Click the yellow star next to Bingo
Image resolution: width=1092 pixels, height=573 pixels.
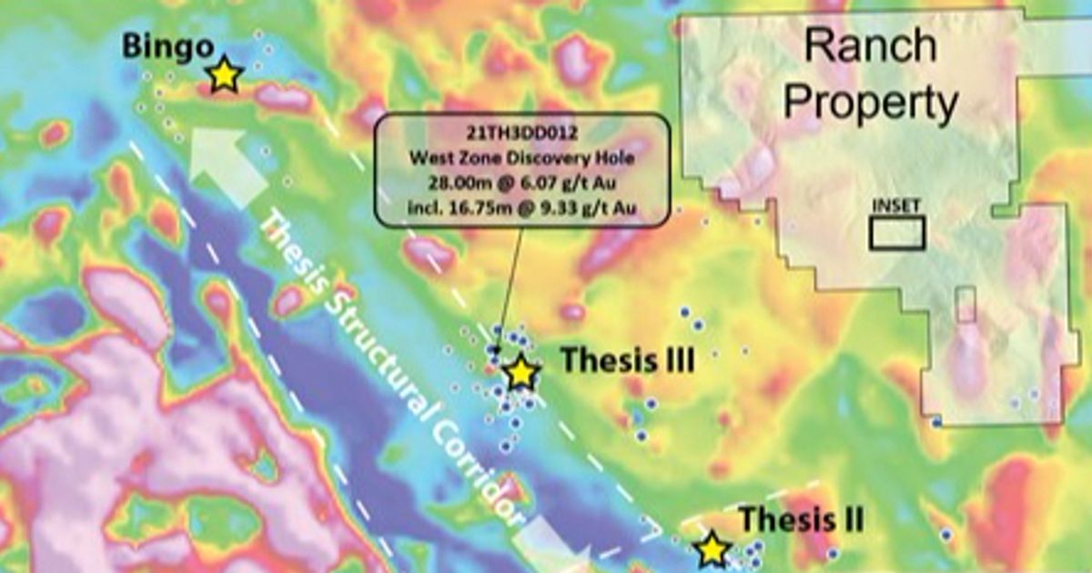[x=223, y=75]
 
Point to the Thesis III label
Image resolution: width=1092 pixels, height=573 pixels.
[x=627, y=360]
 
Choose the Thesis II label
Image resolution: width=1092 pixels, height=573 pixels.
[x=801, y=520]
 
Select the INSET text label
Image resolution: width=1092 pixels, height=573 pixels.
[x=896, y=206]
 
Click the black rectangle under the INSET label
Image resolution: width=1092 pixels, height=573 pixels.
[x=897, y=234]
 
